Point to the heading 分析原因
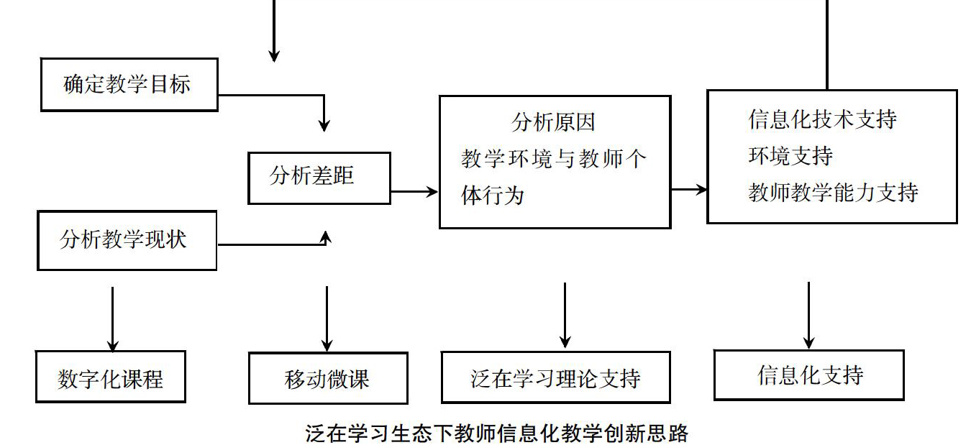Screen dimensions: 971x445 (x=553, y=122)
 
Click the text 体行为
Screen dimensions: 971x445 (x=493, y=195)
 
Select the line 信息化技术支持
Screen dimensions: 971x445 (x=822, y=119)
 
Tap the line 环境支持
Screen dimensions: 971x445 (x=790, y=155)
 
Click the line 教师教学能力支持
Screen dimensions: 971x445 (x=833, y=192)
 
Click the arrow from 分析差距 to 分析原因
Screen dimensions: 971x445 (x=414, y=191)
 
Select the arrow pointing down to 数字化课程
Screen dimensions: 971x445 (x=113, y=319)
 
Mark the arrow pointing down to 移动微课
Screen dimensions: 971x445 (x=327, y=319)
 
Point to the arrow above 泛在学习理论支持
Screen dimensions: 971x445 (x=565, y=316)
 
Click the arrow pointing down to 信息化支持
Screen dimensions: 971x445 (x=809, y=316)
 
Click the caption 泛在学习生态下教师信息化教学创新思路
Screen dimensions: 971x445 (x=496, y=433)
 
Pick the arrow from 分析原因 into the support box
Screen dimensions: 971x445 (x=689, y=189)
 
